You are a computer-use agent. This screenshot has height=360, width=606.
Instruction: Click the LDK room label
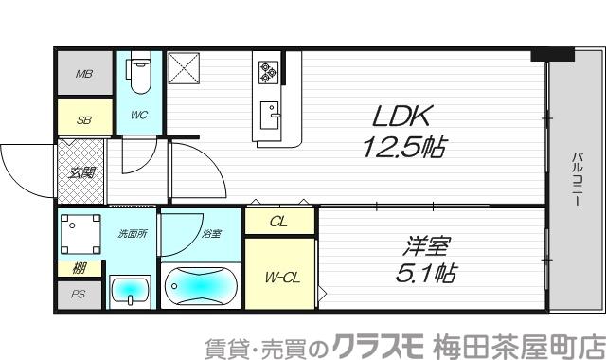coord(402,117)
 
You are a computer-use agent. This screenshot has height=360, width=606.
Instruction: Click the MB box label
coord(83,74)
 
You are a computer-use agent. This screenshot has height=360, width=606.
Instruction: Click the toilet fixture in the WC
coord(138,76)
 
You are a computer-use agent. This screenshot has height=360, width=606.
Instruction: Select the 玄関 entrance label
coord(81,171)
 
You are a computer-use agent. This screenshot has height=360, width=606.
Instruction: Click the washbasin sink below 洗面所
coord(129,291)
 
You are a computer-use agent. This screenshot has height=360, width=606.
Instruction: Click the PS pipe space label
coord(79,295)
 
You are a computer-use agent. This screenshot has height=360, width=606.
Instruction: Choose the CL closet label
coord(278,223)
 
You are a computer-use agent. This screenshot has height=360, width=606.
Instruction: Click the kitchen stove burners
coord(269,70)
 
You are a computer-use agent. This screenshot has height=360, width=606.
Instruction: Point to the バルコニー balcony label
coord(574,180)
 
